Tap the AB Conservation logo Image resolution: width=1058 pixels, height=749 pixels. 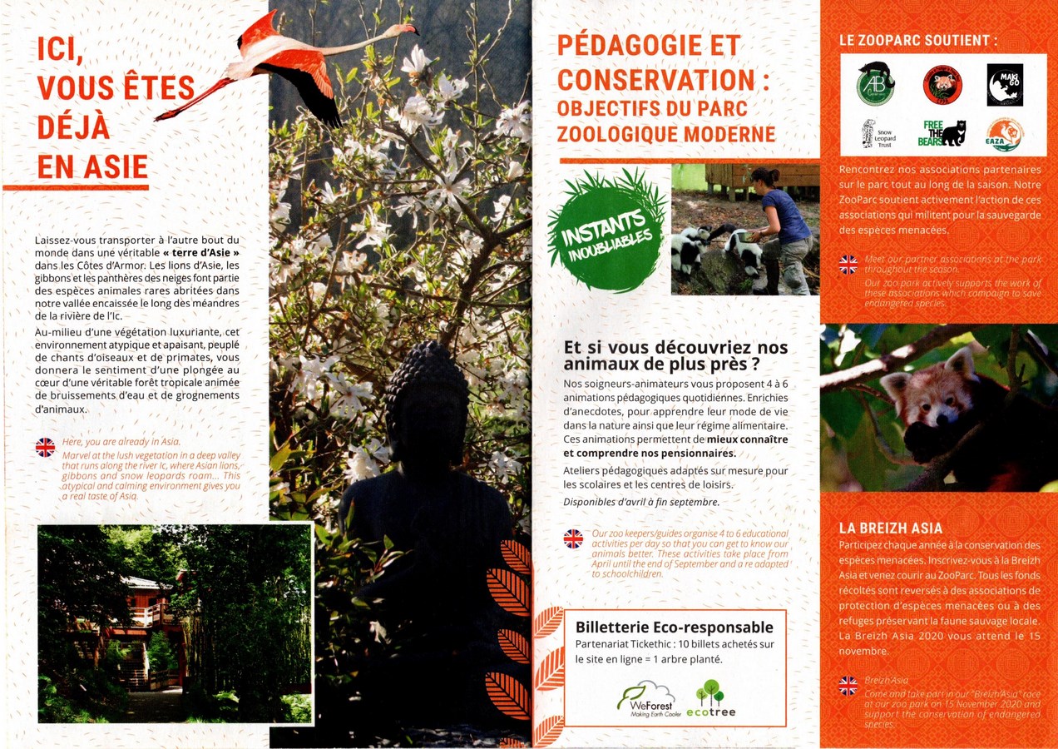point(875,83)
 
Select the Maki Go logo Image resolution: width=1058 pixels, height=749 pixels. point(1005,85)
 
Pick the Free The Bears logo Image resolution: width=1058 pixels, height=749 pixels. point(942,133)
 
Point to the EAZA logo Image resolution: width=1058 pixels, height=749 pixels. point(1004,134)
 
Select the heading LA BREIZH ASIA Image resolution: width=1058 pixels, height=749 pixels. point(890,528)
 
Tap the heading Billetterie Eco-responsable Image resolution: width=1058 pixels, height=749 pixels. point(675,627)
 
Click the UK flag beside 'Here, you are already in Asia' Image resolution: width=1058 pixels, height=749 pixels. point(45,448)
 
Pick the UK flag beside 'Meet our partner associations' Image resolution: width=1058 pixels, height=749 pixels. point(848,265)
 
